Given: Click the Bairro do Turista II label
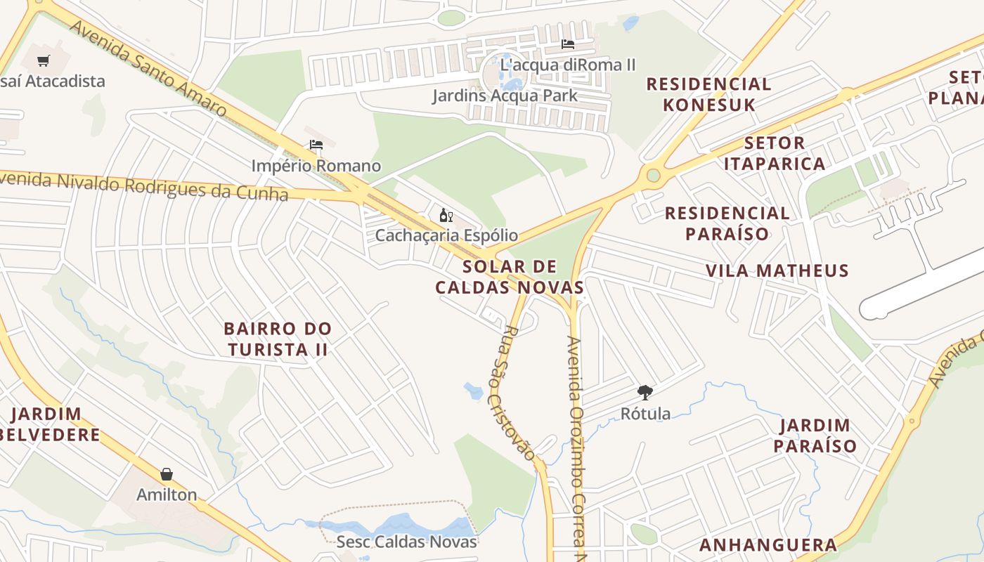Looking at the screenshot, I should tap(277, 339).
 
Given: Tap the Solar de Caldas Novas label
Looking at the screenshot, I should tap(510, 277).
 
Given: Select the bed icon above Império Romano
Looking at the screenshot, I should tap(316, 145).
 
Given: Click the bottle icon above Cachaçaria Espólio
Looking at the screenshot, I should tap(446, 215).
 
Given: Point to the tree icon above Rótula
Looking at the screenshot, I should tap(645, 393).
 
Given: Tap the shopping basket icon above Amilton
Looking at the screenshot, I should tap(167, 474).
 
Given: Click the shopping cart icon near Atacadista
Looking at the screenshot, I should tap(44, 60).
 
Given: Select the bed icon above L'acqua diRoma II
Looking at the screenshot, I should tap(568, 44).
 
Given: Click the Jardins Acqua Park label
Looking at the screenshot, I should tap(505, 96).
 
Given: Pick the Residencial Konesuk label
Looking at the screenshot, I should tap(708, 94).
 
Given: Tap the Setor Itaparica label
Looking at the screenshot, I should tap(774, 153).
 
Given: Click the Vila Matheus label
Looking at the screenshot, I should tap(777, 270).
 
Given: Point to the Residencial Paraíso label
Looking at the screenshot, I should tap(727, 223).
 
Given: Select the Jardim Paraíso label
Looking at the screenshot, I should tap(815, 435).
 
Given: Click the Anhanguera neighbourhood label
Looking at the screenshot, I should tap(768, 544).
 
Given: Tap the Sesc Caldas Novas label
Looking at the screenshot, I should tap(406, 542).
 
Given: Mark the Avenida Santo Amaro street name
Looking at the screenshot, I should tap(148, 68).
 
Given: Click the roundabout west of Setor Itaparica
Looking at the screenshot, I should tap(654, 175).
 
